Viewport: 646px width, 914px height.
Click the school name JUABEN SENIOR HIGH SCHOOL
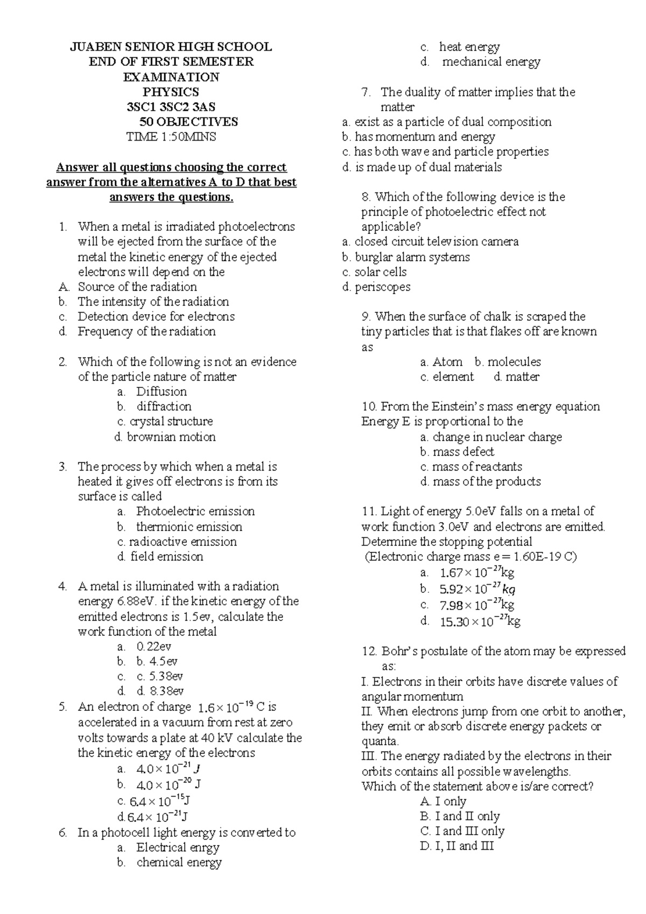pyautogui.click(x=171, y=47)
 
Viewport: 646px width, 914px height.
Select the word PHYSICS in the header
pyautogui.click(x=171, y=92)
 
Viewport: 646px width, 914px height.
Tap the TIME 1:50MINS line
pyautogui.click(x=171, y=137)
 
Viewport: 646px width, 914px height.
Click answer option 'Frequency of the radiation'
pyautogui.click(x=146, y=331)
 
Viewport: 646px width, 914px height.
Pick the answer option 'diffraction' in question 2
pyautogui.click(x=164, y=406)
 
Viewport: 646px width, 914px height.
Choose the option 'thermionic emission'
pyautogui.click(x=189, y=527)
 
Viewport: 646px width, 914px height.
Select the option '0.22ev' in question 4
pyautogui.click(x=154, y=646)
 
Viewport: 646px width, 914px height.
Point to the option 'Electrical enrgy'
pyautogui.click(x=178, y=847)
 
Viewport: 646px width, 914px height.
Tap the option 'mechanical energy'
pyautogui.click(x=491, y=62)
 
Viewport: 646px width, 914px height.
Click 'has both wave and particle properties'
pyautogui.click(x=451, y=152)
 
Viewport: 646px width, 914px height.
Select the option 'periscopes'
pyautogui.click(x=382, y=287)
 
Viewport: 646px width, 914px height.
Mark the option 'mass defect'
pyautogui.click(x=463, y=452)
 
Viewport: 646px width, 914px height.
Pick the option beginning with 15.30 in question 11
pyautogui.click(x=480, y=622)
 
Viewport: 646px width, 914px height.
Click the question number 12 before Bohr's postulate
pyautogui.click(x=369, y=652)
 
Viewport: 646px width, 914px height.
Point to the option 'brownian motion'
pyautogui.click(x=171, y=437)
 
